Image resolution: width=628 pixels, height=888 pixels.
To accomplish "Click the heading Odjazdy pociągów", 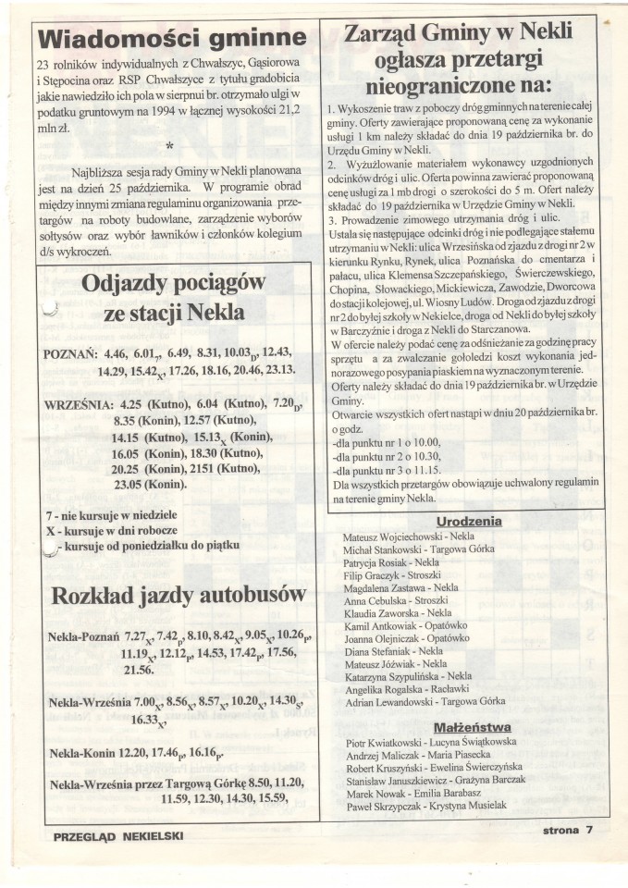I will point(173,283).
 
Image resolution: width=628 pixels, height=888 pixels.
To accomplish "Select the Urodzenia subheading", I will point(468,521).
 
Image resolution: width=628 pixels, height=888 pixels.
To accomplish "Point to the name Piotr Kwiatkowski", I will point(380,743).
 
